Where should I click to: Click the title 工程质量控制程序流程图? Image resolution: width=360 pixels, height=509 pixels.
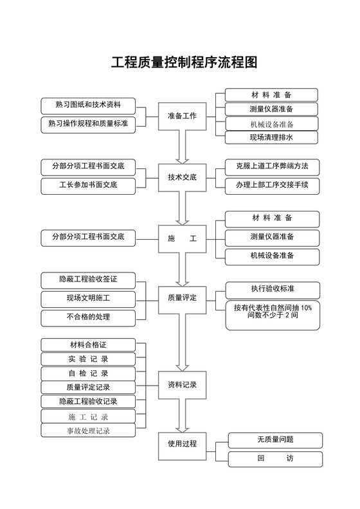pyautogui.click(x=184, y=63)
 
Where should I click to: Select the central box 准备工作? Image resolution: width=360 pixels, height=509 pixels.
pyautogui.click(x=182, y=116)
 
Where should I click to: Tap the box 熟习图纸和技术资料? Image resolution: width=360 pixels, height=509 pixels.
pyautogui.click(x=88, y=105)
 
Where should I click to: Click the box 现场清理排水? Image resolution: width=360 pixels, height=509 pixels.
pyautogui.click(x=271, y=138)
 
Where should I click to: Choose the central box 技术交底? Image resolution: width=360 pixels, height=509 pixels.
pyautogui.click(x=182, y=177)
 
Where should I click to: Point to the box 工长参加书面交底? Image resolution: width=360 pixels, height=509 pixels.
pyautogui.click(x=88, y=186)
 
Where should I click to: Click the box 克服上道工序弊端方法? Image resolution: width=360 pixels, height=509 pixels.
pyautogui.click(x=271, y=166)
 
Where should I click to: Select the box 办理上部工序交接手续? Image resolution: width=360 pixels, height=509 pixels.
pyautogui.click(x=271, y=185)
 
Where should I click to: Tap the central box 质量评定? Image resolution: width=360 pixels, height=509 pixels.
pyautogui.click(x=182, y=298)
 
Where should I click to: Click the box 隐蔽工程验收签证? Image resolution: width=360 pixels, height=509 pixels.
pyautogui.click(x=88, y=280)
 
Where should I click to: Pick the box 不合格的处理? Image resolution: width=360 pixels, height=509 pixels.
pyautogui.click(x=88, y=317)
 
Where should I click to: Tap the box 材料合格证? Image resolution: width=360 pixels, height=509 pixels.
pyautogui.click(x=88, y=345)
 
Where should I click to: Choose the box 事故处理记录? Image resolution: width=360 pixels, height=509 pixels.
pyautogui.click(x=88, y=431)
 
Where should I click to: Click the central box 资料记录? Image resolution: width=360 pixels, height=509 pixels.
pyautogui.click(x=182, y=386)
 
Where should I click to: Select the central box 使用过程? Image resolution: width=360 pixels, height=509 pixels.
pyautogui.click(x=182, y=443)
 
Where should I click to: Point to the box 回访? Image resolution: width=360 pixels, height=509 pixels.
pyautogui.click(x=274, y=459)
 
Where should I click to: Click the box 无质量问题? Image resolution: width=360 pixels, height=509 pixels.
pyautogui.click(x=274, y=440)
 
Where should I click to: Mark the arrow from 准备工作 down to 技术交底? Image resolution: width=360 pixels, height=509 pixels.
pyautogui.click(x=183, y=147)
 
